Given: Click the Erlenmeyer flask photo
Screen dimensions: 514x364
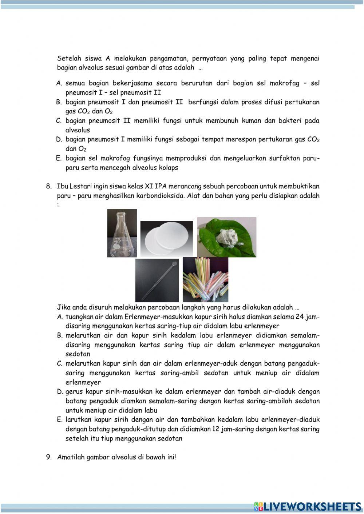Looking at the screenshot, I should point(122,233).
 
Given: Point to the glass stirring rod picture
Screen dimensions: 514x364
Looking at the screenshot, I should point(157,280).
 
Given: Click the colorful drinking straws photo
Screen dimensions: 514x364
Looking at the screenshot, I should point(205,279).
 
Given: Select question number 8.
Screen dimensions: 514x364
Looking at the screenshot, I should point(49,187).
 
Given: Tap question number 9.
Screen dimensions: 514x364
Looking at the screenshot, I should point(49,457).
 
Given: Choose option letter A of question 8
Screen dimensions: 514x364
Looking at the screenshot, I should point(60,317).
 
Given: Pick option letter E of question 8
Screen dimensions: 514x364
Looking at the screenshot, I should point(60,420).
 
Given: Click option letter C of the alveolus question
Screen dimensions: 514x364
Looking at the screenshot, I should point(59,121).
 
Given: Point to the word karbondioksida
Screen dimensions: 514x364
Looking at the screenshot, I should point(160,196).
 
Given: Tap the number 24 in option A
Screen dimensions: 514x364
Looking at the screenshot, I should point(300,317).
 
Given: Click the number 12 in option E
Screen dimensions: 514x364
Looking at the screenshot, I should point(215,429).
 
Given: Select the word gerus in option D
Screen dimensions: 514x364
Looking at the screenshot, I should point(74,392).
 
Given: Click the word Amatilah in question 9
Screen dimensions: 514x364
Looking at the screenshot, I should point(71,457).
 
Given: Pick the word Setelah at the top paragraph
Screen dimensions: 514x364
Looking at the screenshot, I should point(69,59).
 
